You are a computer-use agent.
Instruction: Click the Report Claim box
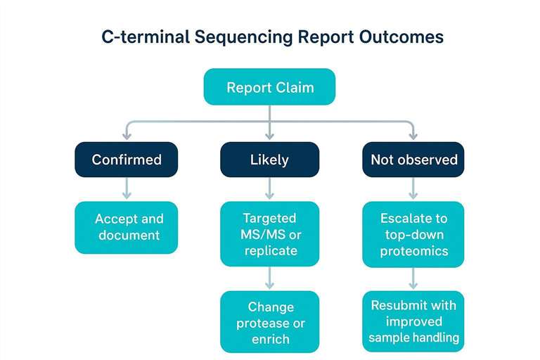tap(269, 87)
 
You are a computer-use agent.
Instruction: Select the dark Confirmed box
tap(126, 160)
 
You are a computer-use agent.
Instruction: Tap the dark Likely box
tap(269, 160)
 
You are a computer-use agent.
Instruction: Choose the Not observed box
tap(413, 160)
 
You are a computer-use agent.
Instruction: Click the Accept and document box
tap(126, 227)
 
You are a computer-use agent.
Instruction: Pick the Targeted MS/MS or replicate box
tap(269, 234)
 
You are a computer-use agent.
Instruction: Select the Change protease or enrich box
tap(269, 322)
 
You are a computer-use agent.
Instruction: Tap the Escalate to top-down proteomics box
tap(413, 234)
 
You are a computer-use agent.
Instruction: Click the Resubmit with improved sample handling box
tap(413, 321)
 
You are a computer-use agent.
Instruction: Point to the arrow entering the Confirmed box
tap(126, 132)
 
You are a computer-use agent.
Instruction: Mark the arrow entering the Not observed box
tap(413, 132)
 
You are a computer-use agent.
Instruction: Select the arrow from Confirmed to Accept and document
tap(126, 188)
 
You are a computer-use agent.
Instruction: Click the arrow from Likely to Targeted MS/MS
tap(269, 188)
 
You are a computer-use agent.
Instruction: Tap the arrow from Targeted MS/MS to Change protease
tap(269, 279)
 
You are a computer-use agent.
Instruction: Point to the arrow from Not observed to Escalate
tap(413, 188)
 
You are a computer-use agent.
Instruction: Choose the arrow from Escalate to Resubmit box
tap(413, 279)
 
